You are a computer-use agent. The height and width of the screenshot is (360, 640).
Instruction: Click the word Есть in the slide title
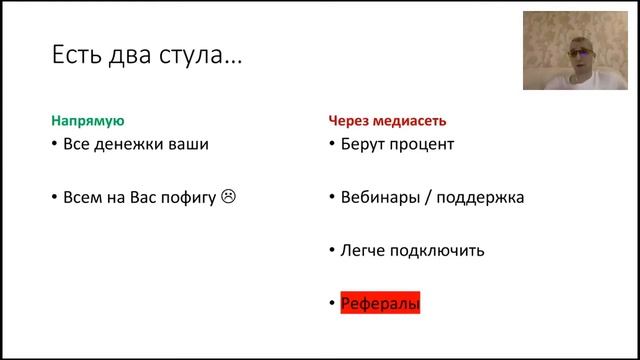(x=75, y=54)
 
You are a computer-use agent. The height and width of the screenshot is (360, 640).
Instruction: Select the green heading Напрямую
(x=87, y=120)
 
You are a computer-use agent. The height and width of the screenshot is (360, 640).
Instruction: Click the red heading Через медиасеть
(x=387, y=120)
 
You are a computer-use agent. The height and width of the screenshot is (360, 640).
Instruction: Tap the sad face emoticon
(x=228, y=197)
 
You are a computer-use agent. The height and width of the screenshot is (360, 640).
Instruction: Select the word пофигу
(x=187, y=197)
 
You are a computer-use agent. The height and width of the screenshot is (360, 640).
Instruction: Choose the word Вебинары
(x=379, y=197)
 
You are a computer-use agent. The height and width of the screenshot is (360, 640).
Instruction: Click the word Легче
(x=364, y=250)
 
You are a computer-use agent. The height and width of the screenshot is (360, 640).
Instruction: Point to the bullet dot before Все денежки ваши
(x=55, y=144)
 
